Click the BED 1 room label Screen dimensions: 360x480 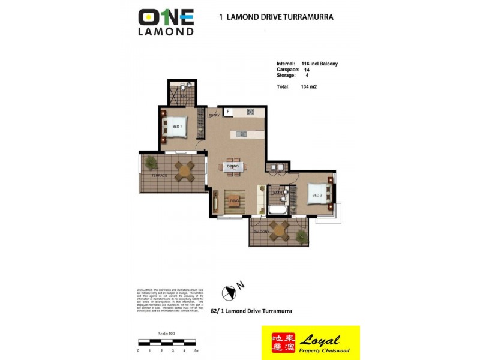click(x=177, y=127)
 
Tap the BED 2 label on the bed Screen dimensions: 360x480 click(x=317, y=194)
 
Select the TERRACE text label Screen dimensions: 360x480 click(x=159, y=175)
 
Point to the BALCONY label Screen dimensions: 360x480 click(x=261, y=231)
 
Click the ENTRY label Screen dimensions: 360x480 click(x=214, y=115)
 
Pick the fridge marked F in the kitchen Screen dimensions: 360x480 click(x=228, y=112)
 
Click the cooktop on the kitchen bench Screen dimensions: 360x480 click(x=250, y=112)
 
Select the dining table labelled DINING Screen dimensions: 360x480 click(x=233, y=167)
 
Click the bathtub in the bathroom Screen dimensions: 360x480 click(x=278, y=210)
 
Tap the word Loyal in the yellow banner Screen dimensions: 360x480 click(x=326, y=339)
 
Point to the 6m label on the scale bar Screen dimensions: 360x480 click(x=196, y=350)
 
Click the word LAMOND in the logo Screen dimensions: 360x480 click(x=166, y=30)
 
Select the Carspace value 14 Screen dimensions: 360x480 click(x=307, y=70)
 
